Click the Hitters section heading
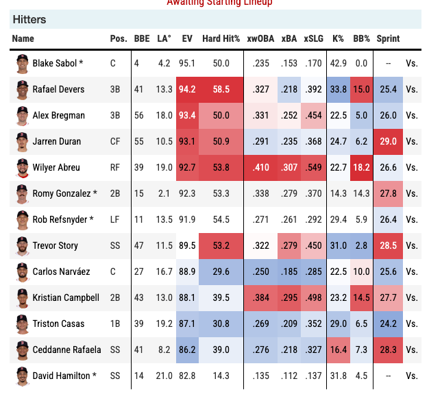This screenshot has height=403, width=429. pos(29,20)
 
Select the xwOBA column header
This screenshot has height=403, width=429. pos(260,39)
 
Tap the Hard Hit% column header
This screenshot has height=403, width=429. pos(221,39)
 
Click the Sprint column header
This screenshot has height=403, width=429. pos(388,39)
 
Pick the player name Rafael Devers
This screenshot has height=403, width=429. pos(59,89)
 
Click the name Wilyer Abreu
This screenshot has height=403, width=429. pos(56,167)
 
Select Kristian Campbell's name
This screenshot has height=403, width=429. pos(66,298)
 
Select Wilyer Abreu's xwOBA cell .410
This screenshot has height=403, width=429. pos(260,167)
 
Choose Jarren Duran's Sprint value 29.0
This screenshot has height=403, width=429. pos(388,141)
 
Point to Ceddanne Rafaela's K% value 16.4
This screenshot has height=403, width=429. pos(338,350)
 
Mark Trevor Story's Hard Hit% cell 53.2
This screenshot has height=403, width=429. pos(221,245)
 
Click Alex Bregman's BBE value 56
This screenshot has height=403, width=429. pos(140,115)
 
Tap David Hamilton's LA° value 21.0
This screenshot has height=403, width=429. pos(164,376)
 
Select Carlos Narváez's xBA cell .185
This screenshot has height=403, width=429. pos(290,272)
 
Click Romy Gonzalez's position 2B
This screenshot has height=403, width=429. pos(117,193)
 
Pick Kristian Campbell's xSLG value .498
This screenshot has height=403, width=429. pos(314,298)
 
